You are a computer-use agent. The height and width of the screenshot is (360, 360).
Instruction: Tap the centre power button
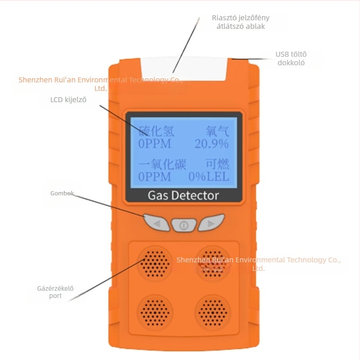184,225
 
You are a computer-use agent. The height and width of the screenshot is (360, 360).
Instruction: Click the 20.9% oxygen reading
211,144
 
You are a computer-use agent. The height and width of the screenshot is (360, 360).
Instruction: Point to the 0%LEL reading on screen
209,177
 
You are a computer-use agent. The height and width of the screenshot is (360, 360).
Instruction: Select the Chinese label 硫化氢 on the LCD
157,131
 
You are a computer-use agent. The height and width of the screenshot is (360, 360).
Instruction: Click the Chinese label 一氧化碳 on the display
162,164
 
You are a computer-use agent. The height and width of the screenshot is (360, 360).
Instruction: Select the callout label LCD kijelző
68,99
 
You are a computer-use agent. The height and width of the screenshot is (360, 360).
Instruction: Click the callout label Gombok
62,193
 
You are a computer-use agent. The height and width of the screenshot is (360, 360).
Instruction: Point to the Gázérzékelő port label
55,292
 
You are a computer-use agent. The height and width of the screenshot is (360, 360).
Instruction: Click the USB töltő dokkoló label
291,58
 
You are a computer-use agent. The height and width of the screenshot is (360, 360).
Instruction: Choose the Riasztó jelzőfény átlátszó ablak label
241,22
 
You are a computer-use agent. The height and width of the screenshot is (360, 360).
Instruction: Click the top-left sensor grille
155,264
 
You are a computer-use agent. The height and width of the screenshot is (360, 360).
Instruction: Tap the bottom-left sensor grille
155,312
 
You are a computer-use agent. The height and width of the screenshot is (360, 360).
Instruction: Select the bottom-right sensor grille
213,312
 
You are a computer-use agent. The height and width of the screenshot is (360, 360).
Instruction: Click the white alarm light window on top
184,69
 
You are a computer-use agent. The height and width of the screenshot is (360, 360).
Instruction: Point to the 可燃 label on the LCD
217,164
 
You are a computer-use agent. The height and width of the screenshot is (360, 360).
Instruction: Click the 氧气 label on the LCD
217,131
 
